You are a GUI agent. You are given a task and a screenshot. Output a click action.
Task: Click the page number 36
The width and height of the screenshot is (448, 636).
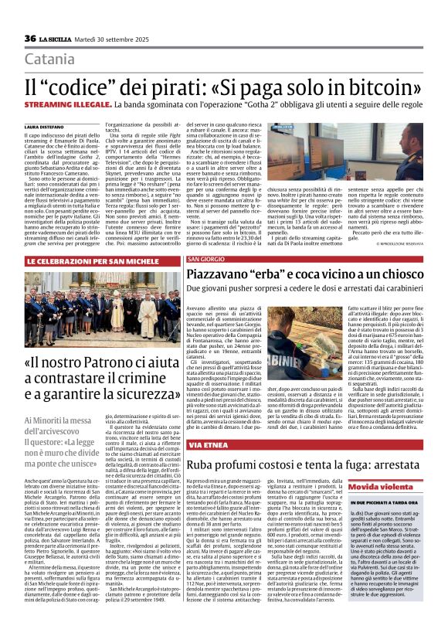pos(30,39)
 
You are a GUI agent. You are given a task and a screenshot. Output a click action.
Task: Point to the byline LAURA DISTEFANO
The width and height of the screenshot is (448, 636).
pos(49,126)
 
